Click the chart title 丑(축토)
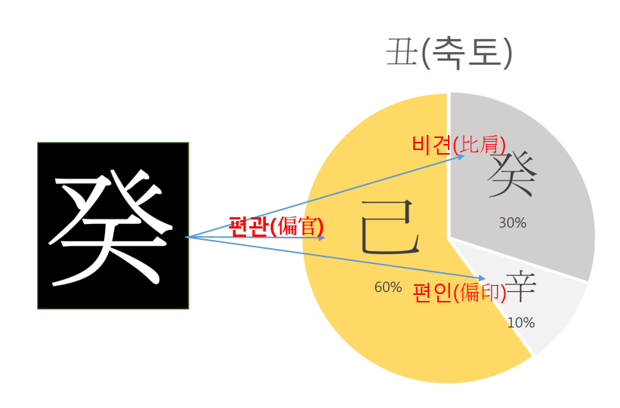449,54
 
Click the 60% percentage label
388,287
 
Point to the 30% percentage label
513,223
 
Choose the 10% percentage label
521,323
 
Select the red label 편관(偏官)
276,226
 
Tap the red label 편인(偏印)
459,293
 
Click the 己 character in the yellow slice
390,227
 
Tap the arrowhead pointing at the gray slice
462,156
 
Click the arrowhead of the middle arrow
323,238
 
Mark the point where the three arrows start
187,237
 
